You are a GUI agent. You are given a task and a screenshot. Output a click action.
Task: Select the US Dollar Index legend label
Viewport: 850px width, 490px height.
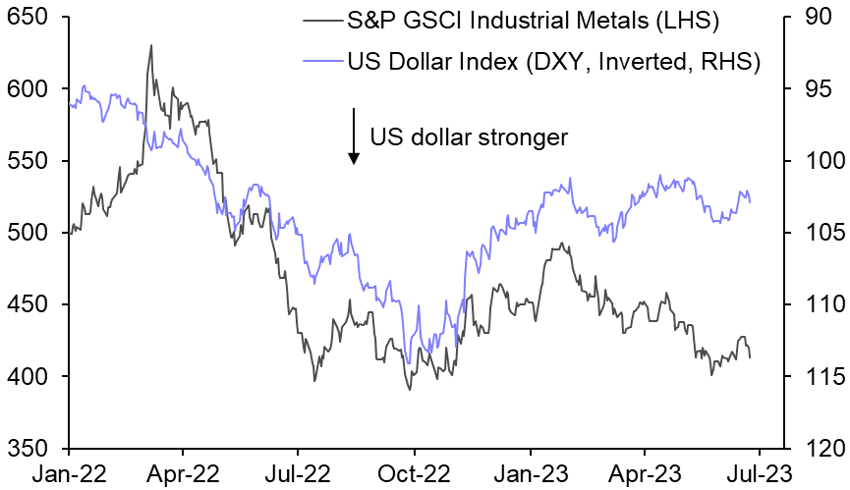(x=553, y=63)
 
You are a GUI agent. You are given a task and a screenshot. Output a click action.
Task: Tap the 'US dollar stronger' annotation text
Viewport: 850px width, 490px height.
(x=469, y=136)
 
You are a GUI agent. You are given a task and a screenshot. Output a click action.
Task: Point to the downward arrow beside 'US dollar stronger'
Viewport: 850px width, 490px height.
(x=352, y=136)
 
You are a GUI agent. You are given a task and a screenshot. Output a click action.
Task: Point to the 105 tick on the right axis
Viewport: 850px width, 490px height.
(x=816, y=233)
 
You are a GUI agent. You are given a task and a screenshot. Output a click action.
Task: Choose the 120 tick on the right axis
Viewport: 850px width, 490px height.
(x=816, y=449)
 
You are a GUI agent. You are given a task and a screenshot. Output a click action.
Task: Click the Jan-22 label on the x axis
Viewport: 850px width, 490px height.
(x=69, y=473)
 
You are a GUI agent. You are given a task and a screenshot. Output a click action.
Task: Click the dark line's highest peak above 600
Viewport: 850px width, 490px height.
(x=150, y=45)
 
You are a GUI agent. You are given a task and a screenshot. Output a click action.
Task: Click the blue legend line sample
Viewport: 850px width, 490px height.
(x=320, y=63)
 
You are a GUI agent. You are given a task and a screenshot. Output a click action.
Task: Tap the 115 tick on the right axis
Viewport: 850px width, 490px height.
(x=816, y=377)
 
